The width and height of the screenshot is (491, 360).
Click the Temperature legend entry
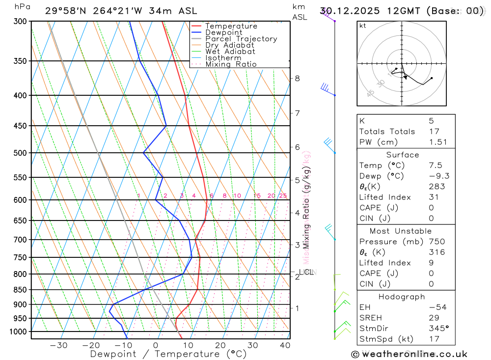231,26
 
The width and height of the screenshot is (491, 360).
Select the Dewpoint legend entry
223,32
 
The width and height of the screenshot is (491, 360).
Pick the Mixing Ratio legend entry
231,64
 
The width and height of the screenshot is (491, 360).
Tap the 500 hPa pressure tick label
20,153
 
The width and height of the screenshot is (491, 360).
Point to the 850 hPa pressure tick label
20,290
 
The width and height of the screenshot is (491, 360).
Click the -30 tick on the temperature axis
58,345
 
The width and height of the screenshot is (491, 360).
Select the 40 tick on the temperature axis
285,345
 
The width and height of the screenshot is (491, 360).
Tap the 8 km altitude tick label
297,78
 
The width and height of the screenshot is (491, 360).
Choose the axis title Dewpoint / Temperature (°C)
168,354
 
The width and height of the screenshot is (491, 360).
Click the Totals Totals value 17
433,131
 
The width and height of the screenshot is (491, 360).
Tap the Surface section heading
403,155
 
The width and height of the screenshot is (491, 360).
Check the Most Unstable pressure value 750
436,242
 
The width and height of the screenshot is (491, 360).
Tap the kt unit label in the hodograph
363,26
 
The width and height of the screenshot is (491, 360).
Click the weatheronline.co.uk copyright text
409,354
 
